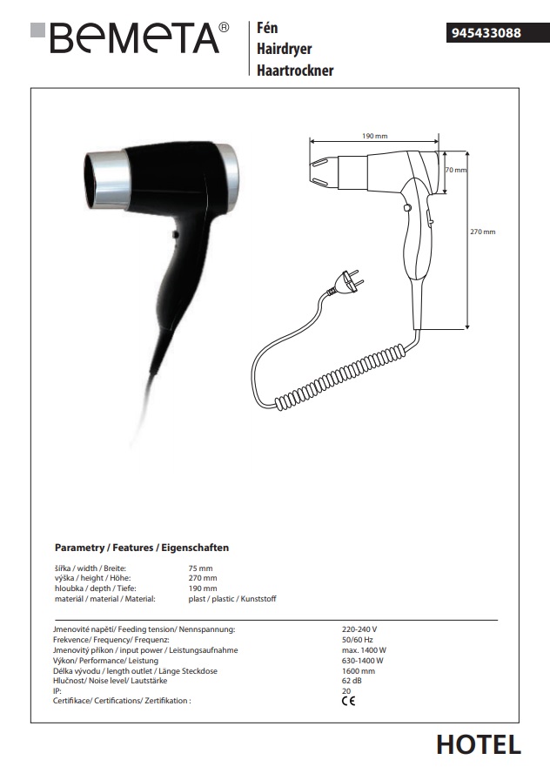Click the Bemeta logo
point(130,37)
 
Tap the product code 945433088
point(486,33)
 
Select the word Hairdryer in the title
point(284,49)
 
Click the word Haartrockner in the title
point(295,71)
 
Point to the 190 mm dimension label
point(374,136)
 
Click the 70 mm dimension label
point(455,170)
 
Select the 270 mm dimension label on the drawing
point(483,232)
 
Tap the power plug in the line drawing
point(346,283)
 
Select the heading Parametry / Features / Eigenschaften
point(142,548)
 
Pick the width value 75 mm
point(200,568)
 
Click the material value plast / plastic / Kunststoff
point(232,599)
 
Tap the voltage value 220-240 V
point(359,629)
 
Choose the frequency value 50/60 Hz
point(357,640)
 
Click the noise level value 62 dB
point(352,681)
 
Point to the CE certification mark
point(349,701)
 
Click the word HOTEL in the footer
point(479,744)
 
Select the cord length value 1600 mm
point(358,670)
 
